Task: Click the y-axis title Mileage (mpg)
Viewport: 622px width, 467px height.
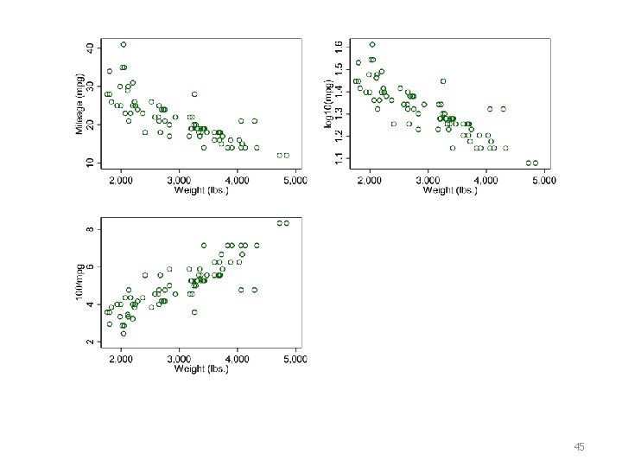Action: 79,104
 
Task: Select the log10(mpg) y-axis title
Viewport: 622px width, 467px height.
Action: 328,104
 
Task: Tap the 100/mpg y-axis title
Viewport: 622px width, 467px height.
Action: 79,282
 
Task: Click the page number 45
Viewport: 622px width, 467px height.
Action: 579,447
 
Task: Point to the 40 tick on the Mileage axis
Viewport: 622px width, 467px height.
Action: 91,48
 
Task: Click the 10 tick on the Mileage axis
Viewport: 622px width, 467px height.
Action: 91,163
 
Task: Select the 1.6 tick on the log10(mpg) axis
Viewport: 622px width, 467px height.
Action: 339,48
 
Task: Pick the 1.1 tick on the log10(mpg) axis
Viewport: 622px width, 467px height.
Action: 339,158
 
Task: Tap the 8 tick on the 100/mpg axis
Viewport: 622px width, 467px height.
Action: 91,229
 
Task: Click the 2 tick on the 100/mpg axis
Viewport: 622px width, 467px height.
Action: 91,342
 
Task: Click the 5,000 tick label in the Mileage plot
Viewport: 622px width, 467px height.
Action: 295,180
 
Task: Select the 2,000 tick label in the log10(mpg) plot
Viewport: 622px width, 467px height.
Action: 370,180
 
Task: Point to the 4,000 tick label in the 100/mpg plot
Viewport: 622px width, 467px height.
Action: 238,359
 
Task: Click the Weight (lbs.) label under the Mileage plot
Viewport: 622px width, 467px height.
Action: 201,189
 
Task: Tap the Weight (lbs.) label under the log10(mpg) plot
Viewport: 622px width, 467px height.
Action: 450,189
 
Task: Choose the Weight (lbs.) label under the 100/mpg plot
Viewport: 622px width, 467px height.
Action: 201,368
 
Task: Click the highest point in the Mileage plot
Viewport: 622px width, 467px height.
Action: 124,44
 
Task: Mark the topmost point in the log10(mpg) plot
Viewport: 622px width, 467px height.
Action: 372,44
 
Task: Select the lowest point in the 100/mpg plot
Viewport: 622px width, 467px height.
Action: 124,334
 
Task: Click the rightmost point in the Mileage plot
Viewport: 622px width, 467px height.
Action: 287,156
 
